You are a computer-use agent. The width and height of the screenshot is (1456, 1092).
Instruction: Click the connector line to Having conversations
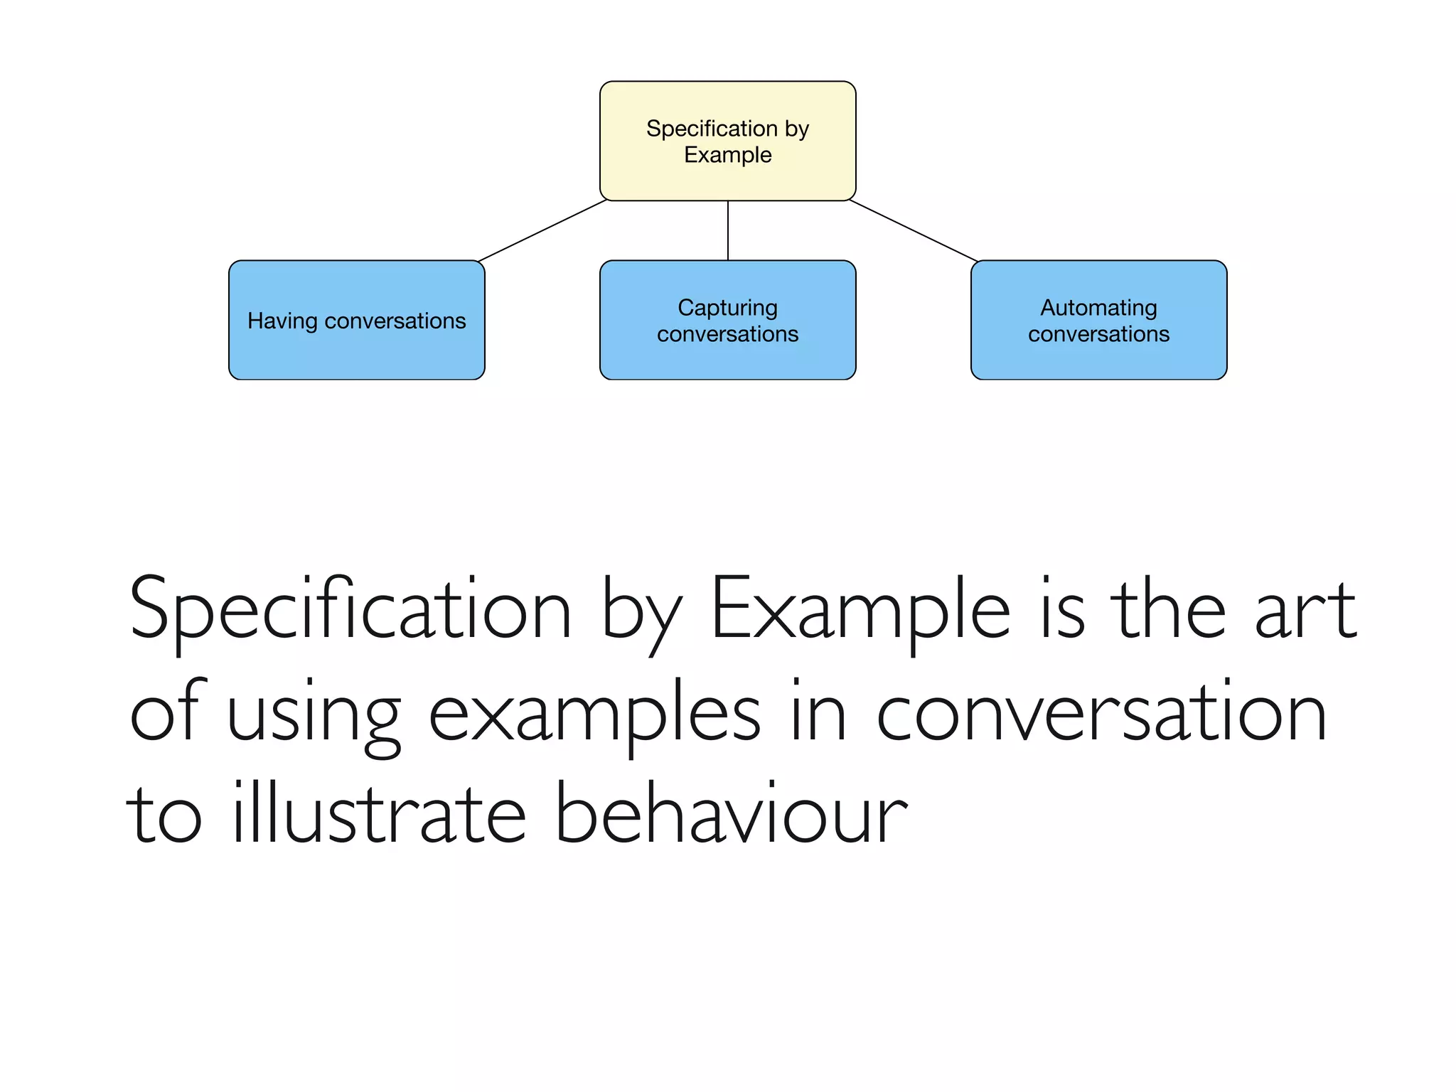click(x=542, y=231)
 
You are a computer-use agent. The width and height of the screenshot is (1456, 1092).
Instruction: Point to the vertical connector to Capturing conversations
click(x=728, y=230)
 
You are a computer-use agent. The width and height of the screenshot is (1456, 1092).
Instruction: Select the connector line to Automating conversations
click(x=914, y=231)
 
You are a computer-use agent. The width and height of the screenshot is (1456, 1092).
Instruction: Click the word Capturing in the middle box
click(x=727, y=308)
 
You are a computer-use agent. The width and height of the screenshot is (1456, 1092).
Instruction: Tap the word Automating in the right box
click(x=1098, y=308)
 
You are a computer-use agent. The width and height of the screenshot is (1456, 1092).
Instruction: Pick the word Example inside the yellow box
click(x=727, y=155)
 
